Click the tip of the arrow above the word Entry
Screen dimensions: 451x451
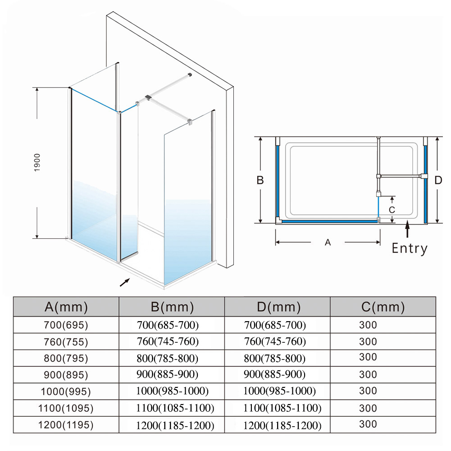[407, 220]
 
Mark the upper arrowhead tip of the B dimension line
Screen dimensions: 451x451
[260, 137]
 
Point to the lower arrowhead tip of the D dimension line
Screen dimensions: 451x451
[437, 223]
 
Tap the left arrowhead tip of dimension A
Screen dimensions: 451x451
[276, 242]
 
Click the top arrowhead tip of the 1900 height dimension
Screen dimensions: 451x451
[37, 88]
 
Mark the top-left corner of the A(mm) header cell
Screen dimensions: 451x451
[14, 297]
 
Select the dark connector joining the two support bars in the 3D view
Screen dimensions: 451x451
[148, 97]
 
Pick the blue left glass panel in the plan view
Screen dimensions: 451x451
[278, 181]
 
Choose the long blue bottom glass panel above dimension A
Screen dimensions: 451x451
[329, 222]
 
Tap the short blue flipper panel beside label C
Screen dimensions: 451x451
[378, 207]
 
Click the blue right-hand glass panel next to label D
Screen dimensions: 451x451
[425, 184]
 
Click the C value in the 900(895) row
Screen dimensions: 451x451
[368, 374]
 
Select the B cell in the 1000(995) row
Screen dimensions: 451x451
[172, 391]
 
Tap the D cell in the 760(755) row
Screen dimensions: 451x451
[277, 342]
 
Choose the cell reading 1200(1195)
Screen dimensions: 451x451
[66, 425]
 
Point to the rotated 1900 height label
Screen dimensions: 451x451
[37, 163]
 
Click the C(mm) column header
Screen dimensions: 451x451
[383, 307]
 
